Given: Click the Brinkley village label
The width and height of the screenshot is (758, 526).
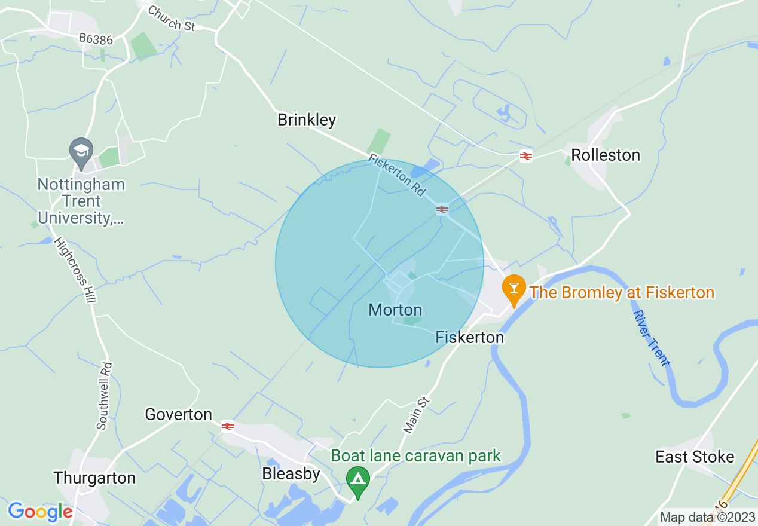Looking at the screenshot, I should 307,120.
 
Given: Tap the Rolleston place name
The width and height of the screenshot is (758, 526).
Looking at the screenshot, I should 606,155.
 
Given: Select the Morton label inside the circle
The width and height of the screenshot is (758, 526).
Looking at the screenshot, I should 395,310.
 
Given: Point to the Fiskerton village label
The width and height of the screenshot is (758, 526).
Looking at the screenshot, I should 469,338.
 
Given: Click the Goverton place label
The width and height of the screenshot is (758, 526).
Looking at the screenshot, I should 179,415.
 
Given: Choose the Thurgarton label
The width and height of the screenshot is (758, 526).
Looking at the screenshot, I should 94,478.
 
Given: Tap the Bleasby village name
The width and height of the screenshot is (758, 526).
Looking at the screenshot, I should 291,474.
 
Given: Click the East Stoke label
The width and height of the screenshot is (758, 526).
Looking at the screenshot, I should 695,457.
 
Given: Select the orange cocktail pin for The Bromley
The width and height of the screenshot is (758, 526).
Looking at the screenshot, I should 513,288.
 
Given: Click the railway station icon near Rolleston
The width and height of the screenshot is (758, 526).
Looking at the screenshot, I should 526,157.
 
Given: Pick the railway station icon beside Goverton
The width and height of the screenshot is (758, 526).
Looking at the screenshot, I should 227,426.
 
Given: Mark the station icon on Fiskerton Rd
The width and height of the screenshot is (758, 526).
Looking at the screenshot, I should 442,209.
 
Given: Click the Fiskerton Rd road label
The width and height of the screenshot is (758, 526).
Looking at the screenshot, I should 398,176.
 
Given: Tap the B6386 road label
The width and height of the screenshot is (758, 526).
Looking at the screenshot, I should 96,39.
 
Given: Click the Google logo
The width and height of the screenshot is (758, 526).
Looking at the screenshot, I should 40,512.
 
